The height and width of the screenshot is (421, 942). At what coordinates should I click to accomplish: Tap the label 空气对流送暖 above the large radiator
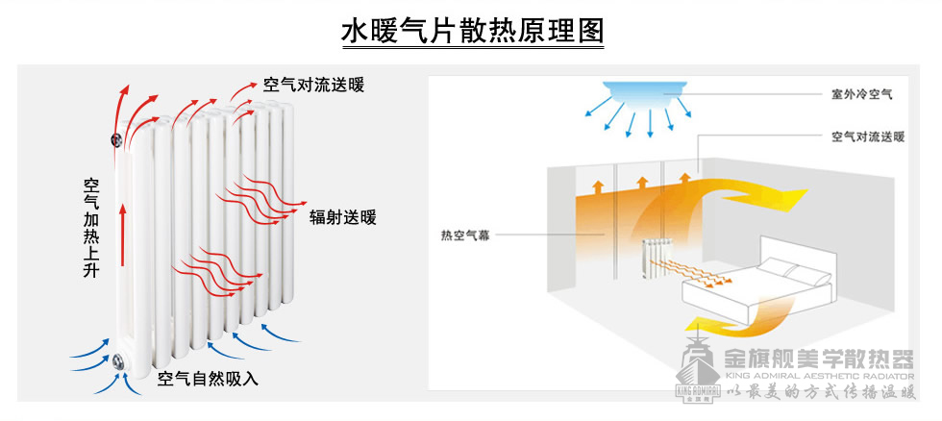pos(313,84)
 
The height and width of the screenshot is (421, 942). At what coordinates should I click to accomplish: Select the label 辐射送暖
pos(342,217)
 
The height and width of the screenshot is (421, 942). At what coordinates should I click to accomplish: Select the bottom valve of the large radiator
pos(118,362)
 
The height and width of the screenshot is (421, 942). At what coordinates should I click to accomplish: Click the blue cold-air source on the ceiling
pos(647,93)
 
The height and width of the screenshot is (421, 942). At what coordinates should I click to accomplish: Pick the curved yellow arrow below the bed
pos(731,316)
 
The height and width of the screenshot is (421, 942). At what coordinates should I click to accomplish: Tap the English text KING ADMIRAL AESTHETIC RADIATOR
pos(818,377)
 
